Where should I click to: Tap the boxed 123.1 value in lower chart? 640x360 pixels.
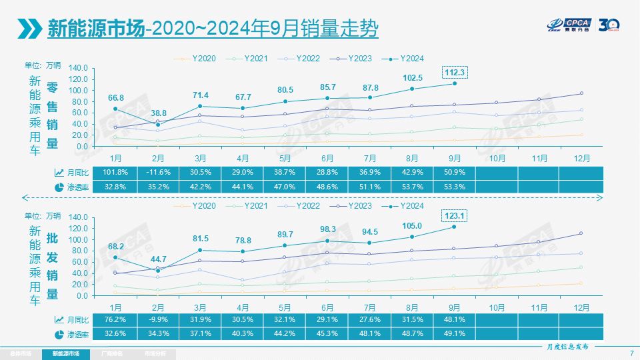tap(454, 215)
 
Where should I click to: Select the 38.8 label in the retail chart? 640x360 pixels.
tap(158, 114)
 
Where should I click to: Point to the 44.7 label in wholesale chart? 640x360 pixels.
tap(158, 259)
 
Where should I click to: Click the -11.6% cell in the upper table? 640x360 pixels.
tap(158, 172)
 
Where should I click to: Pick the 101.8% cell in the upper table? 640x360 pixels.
tap(115, 172)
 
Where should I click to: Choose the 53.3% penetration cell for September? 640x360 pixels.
tap(454, 187)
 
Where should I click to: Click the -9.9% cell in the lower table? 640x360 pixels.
tap(158, 319)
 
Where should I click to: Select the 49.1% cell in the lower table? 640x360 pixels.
tap(454, 333)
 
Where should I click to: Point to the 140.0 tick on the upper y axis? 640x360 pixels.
tap(78, 68)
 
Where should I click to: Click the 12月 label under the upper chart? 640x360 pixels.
tap(581, 159)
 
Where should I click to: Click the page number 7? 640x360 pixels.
tap(631, 353)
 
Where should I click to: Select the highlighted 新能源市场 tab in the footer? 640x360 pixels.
tap(61, 353)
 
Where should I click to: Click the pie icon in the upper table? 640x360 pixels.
tap(59, 187)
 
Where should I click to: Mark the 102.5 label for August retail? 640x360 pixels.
tap(412, 77)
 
